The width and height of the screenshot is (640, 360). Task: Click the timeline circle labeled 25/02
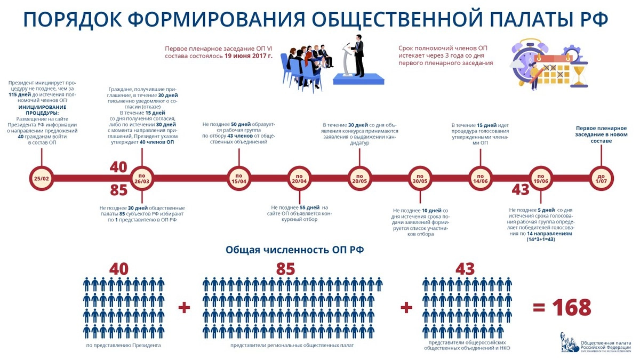[41, 178]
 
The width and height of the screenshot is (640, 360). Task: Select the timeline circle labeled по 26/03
[142, 178]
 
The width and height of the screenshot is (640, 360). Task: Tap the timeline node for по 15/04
[239, 178]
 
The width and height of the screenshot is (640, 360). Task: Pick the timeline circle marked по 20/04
[300, 178]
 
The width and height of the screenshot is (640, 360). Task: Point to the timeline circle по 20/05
[360, 178]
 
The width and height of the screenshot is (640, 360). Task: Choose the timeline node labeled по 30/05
[420, 178]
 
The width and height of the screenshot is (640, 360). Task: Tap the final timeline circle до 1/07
[602, 178]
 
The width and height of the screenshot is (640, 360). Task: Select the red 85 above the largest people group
[285, 269]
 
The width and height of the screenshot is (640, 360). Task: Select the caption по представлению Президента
[123, 346]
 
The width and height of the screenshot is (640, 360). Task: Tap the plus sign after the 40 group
[184, 308]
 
